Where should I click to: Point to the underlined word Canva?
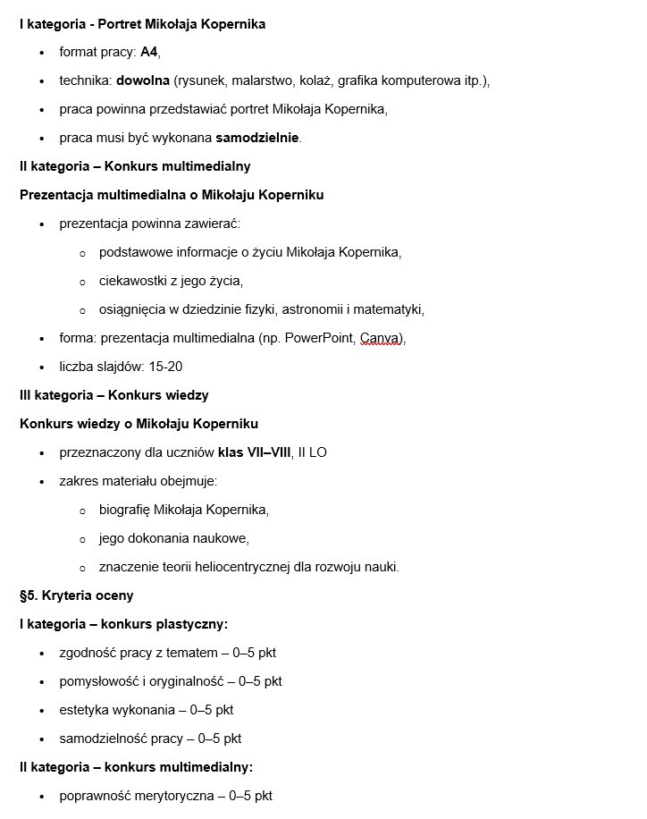[x=381, y=338]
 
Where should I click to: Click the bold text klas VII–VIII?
[x=255, y=452]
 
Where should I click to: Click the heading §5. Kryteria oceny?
[x=76, y=595]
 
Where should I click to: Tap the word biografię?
[x=124, y=510]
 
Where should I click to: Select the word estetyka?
[x=85, y=710]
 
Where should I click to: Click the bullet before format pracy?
[x=42, y=53]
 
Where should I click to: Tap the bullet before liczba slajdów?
[x=42, y=367]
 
